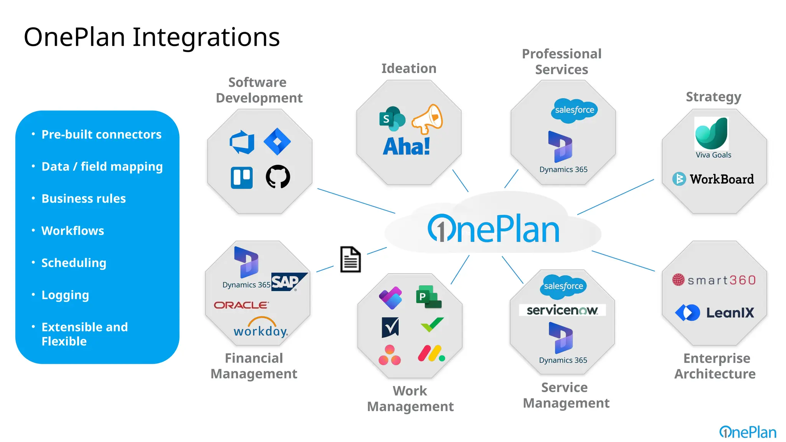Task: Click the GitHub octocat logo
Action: tap(278, 177)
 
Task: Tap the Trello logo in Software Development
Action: tap(242, 178)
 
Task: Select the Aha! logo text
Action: tap(406, 147)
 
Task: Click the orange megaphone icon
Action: tap(427, 119)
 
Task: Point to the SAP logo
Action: tap(289, 282)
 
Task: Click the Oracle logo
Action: tap(241, 305)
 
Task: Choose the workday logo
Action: tap(261, 328)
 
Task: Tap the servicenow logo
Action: tap(562, 310)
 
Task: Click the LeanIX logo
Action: tap(715, 313)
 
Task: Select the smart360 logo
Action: tap(714, 280)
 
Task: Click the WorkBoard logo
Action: tap(713, 179)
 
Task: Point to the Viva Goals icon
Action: tap(712, 134)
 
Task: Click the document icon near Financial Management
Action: tap(350, 259)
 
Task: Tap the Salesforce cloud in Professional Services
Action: tap(575, 110)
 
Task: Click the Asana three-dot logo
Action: tap(390, 355)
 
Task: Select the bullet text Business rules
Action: tap(83, 199)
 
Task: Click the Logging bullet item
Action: tap(65, 295)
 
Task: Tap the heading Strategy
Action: tap(713, 97)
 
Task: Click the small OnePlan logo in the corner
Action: tap(747, 432)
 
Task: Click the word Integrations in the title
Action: tap(206, 37)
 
